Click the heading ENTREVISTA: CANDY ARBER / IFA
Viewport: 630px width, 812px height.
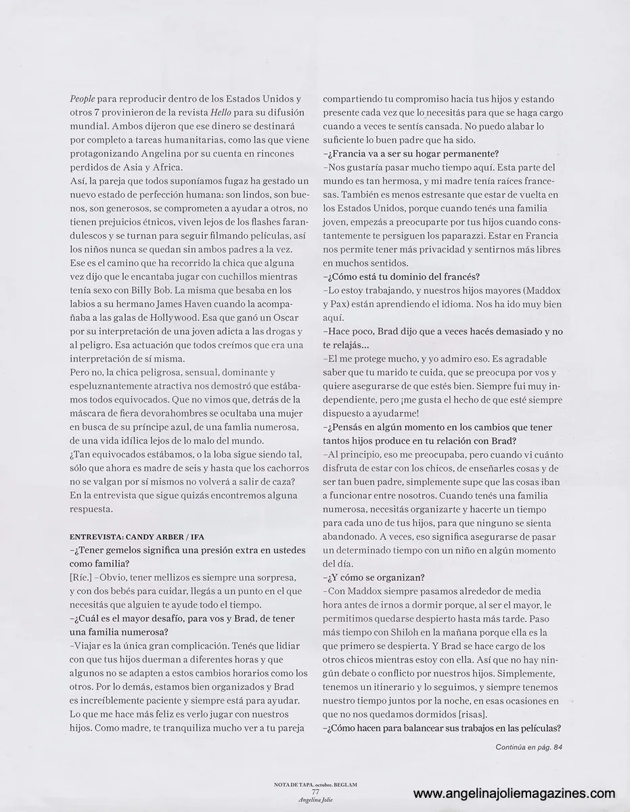[129, 536]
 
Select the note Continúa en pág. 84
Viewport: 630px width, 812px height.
[528, 746]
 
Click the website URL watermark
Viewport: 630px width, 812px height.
[514, 794]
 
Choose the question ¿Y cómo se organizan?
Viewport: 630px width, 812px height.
[374, 577]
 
